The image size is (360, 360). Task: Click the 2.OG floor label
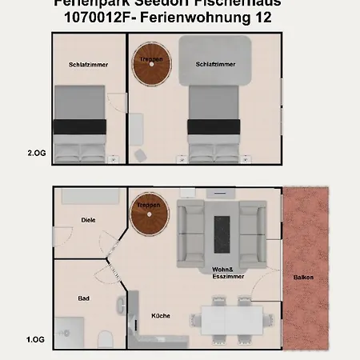coord(36,152)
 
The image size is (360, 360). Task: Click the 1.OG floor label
coord(36,339)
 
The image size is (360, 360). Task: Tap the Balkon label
coord(304,278)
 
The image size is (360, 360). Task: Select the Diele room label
coord(88,219)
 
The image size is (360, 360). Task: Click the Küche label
coord(161,315)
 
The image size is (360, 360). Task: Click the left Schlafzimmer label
coord(89,64)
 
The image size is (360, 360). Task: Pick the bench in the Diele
coord(90,195)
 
